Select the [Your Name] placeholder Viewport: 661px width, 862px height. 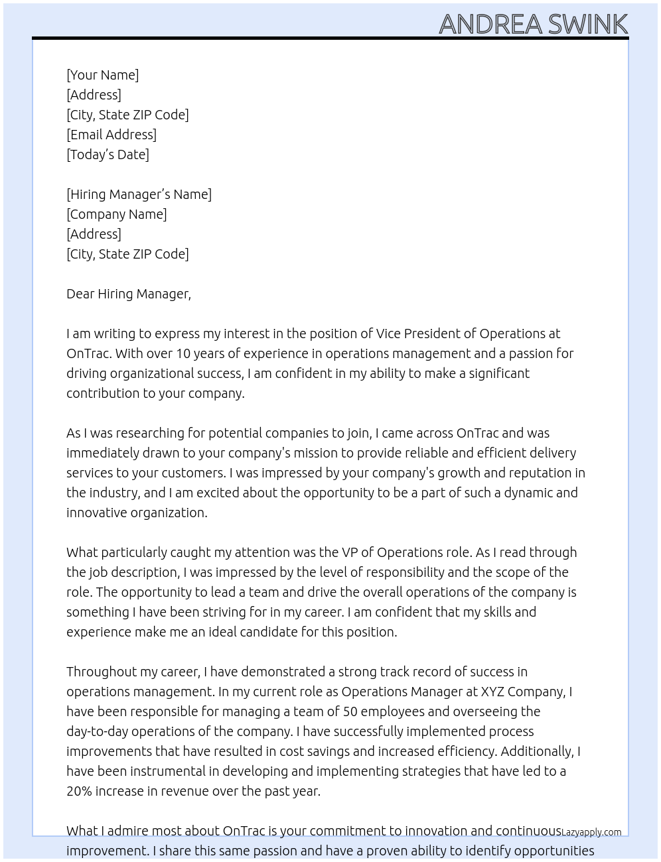point(102,75)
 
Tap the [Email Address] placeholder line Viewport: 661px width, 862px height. point(111,135)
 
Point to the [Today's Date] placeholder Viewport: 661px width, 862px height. point(108,154)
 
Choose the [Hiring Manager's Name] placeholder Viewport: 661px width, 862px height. point(139,194)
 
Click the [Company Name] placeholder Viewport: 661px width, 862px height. point(116,214)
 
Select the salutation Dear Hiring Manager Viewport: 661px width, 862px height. point(128,294)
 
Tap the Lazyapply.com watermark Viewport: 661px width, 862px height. point(591,832)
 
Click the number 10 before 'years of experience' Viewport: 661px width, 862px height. point(165,353)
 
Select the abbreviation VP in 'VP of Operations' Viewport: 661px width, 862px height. point(350,552)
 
